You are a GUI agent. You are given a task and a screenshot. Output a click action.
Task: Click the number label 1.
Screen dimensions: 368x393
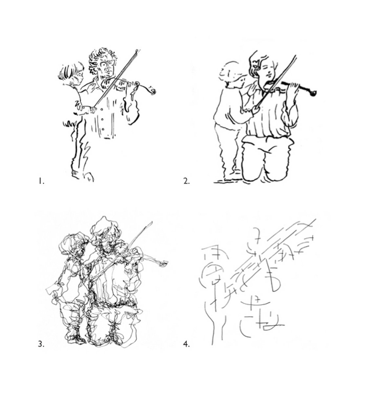[41, 181]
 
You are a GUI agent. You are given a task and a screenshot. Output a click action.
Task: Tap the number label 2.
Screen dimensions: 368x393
[186, 181]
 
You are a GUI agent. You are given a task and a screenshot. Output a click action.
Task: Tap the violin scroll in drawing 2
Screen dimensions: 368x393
[313, 93]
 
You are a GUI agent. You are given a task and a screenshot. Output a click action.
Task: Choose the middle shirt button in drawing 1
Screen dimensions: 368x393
[102, 119]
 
